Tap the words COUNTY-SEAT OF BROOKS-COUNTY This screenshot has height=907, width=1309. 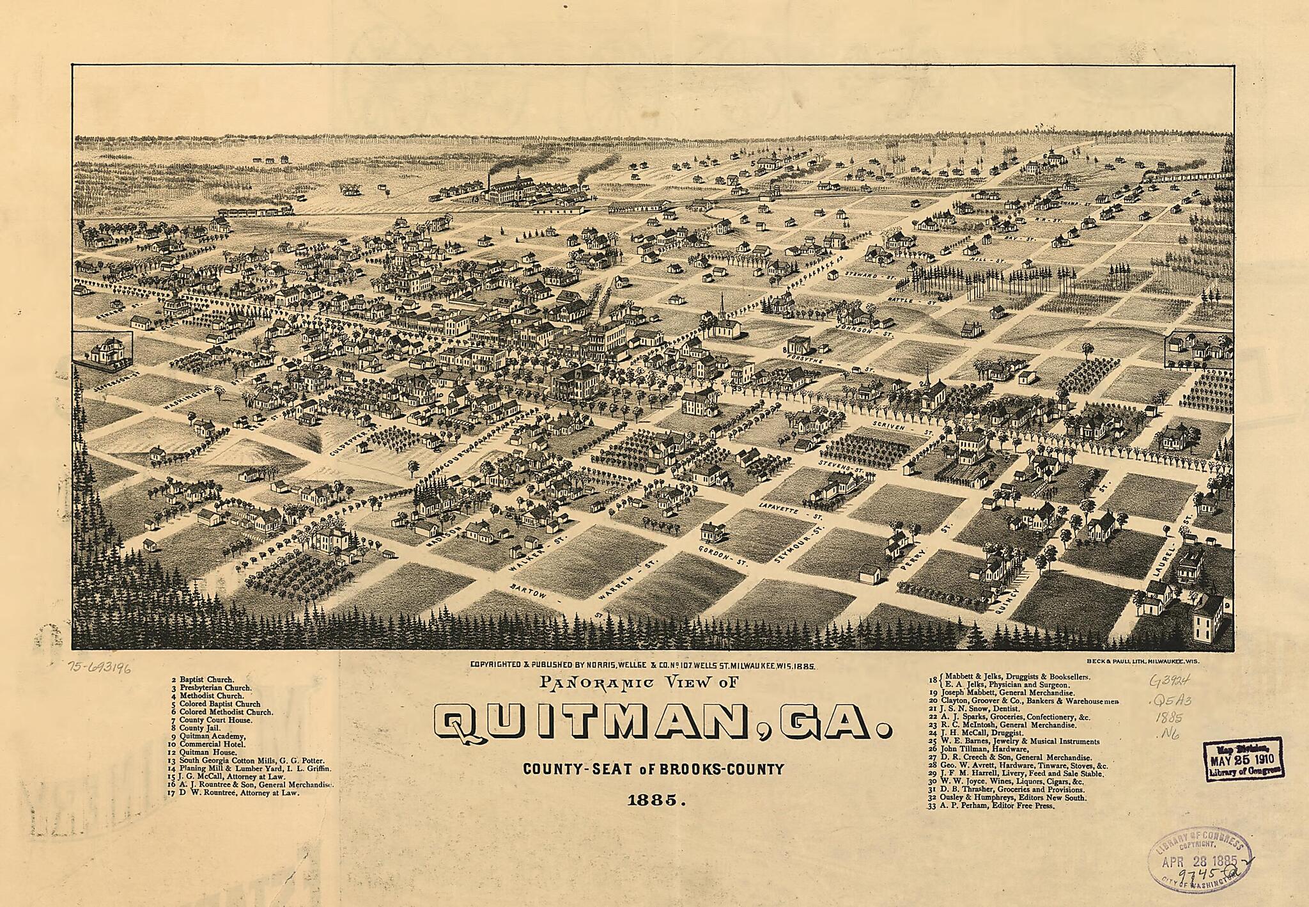[653, 769]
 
